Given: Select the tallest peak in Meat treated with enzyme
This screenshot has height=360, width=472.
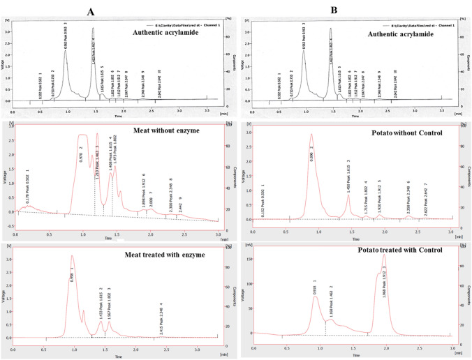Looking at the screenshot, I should click(71, 257).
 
